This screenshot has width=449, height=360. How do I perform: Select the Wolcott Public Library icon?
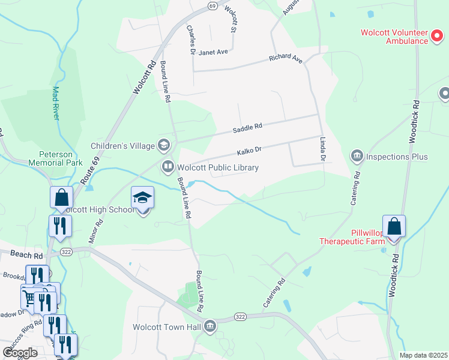coord(168,167)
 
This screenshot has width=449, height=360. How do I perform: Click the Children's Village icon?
coord(163,145)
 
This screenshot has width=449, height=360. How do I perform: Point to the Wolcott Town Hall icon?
coord(210,327)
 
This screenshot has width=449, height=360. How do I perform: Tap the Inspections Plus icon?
coord(358,157)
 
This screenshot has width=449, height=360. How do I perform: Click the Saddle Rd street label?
coord(248,127)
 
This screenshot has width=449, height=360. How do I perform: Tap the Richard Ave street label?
coord(286,59)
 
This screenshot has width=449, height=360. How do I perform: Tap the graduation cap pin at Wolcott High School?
coord(143,199)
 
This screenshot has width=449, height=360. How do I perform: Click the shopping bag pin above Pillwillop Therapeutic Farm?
coord(394,227)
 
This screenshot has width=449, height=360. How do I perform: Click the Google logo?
coord(20,352)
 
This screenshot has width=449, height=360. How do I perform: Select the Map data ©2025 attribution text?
coord(424,355)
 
